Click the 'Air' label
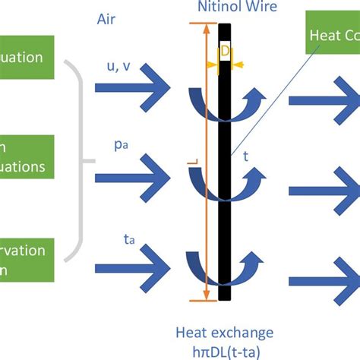108,16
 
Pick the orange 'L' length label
196,163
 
